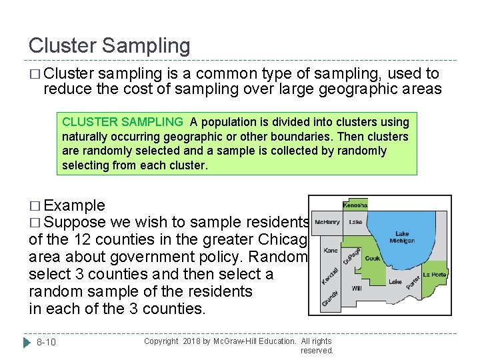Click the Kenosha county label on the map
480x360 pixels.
[x=355, y=205]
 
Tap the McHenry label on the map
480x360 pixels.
[x=327, y=222]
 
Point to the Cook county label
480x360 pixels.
[x=373, y=258]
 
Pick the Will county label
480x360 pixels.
[x=356, y=289]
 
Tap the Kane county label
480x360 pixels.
[x=331, y=251]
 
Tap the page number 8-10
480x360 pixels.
[x=46, y=342]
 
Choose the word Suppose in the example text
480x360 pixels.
[x=75, y=222]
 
